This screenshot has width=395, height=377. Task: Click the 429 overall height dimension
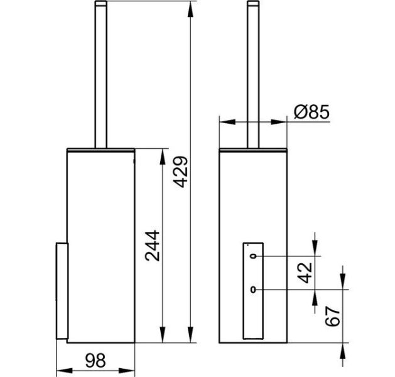pyautogui.click(x=181, y=172)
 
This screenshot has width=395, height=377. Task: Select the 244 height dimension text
pyautogui.click(x=153, y=246)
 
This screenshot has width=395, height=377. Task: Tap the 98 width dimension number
pyautogui.click(x=95, y=361)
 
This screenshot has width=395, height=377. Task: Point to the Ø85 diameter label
pyautogui.click(x=311, y=112)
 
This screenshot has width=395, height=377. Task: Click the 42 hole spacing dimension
pyautogui.click(x=305, y=273)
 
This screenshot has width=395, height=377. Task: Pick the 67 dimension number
pyautogui.click(x=333, y=316)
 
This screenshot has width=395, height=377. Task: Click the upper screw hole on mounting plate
pyautogui.click(x=253, y=256)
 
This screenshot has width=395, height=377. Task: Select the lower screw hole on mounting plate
pyautogui.click(x=253, y=290)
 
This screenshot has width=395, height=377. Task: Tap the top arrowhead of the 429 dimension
pyautogui.click(x=191, y=9)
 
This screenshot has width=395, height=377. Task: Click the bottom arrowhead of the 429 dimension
pyautogui.click(x=191, y=335)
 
